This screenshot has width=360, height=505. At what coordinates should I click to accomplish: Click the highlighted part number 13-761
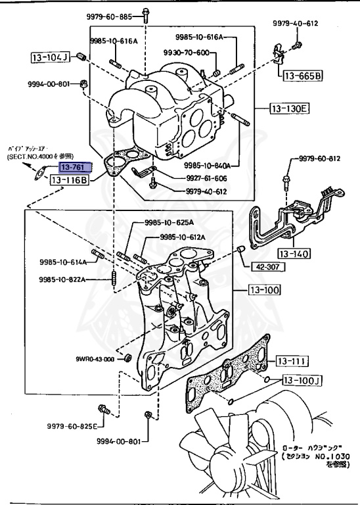click(x=74, y=168)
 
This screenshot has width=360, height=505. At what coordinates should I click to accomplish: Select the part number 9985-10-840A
click(x=210, y=166)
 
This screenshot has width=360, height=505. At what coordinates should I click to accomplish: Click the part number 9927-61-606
click(x=194, y=178)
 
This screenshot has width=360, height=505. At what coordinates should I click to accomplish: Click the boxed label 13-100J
click(x=300, y=380)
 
